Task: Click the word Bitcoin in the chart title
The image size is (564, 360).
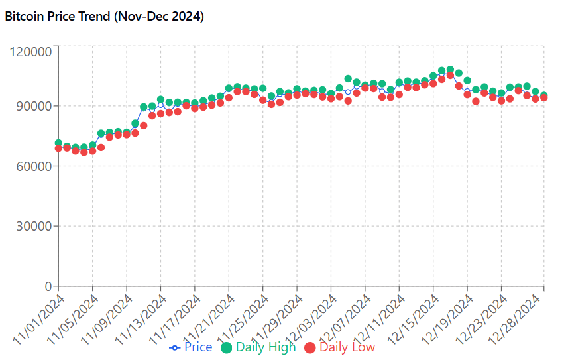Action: point(24,17)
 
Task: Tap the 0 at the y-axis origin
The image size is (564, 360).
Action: point(48,286)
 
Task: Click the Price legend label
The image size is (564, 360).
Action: point(198,347)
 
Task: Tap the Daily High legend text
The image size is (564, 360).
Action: point(266,347)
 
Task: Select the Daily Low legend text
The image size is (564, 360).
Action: point(347,347)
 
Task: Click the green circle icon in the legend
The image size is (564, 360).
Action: point(227,347)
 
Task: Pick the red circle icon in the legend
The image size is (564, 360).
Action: point(310,347)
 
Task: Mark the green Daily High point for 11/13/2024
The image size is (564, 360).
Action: point(160,100)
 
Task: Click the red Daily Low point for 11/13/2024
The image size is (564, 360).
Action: point(160,113)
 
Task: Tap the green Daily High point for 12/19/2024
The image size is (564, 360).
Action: point(467,80)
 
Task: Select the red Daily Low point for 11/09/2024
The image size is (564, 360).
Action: point(127,134)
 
